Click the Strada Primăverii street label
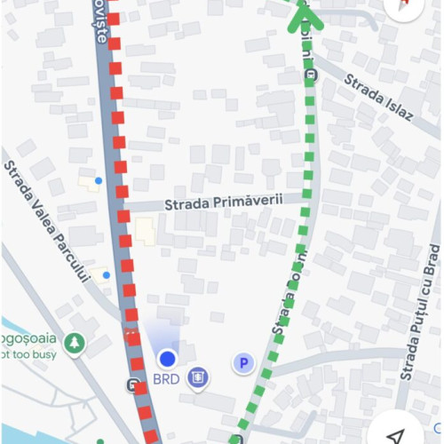223,202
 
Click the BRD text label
166,377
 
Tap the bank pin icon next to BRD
198,377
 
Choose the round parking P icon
242,362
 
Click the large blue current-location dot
167,359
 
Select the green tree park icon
74,343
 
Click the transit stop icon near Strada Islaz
311,75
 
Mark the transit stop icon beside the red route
133,386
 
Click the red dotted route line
121,178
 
